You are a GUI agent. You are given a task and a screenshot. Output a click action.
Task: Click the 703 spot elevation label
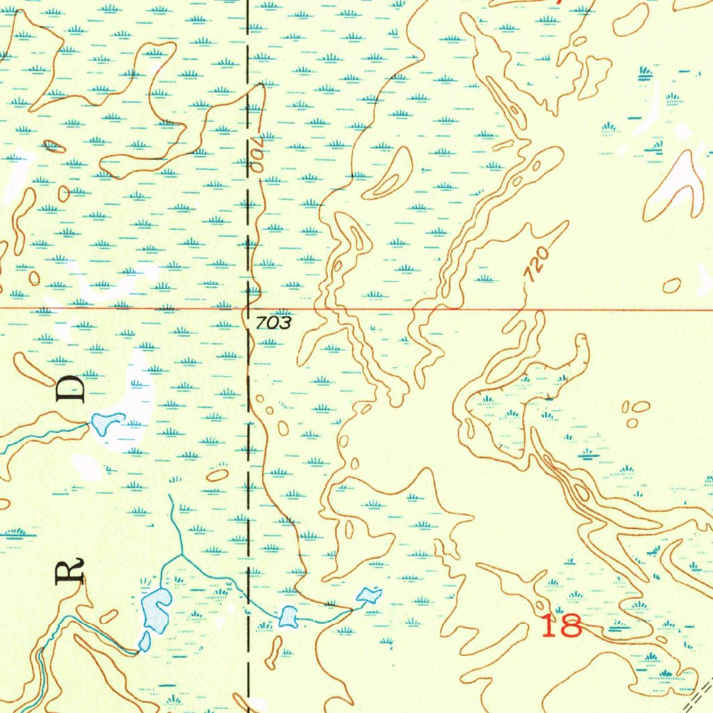(x=268, y=323)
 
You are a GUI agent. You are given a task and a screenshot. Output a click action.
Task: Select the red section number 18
(x=561, y=626)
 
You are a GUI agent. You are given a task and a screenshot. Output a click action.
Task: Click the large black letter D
(x=72, y=389)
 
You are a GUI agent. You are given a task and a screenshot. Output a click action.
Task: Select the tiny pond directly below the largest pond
(x=145, y=641)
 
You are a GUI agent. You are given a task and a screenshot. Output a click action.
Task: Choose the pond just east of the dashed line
(x=288, y=616)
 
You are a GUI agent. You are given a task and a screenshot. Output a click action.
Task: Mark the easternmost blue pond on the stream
(x=368, y=595)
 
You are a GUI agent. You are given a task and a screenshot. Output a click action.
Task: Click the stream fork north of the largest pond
(x=182, y=555)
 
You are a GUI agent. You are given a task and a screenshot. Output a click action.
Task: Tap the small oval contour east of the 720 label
(x=671, y=285)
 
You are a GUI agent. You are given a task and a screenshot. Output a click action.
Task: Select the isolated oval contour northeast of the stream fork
(x=217, y=475)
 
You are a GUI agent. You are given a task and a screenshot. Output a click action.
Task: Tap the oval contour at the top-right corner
(x=631, y=19)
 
